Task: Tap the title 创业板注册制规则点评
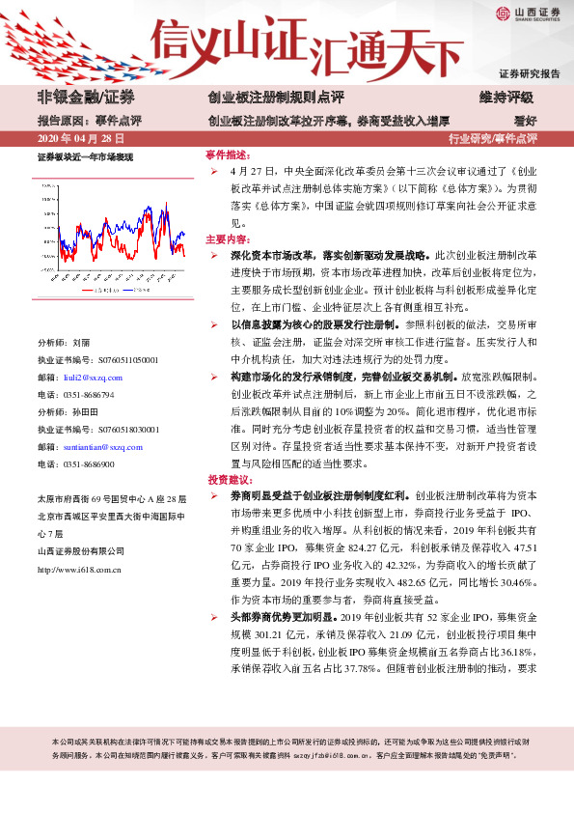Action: click(x=275, y=98)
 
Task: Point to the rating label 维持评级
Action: click(x=506, y=98)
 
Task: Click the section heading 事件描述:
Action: click(x=228, y=154)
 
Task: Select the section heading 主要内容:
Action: click(x=228, y=238)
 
